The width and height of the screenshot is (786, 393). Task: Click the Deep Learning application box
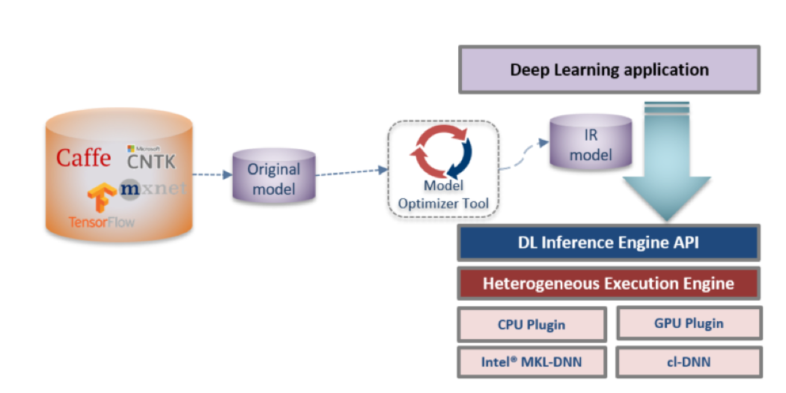(609, 70)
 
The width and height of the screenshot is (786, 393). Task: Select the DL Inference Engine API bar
(609, 242)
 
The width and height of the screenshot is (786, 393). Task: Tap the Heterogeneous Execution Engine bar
(609, 284)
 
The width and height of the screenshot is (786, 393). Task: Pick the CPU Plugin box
(531, 325)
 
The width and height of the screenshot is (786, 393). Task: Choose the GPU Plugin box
(689, 323)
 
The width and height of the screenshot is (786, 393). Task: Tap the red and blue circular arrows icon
(441, 150)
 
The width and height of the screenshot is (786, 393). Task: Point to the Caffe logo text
(84, 158)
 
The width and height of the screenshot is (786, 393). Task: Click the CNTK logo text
(152, 160)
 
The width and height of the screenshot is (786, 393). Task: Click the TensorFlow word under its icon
(101, 222)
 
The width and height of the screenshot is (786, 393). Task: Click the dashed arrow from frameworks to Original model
(211, 175)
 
